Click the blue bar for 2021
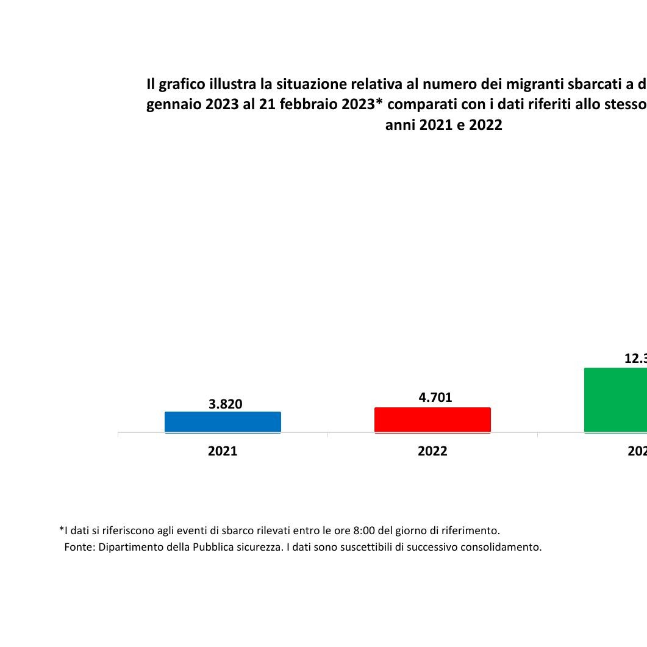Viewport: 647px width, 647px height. point(223,422)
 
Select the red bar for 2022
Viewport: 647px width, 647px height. point(432,420)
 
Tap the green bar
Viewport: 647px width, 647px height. point(616,400)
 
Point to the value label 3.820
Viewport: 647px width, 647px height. point(225,404)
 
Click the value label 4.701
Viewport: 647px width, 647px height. point(435,398)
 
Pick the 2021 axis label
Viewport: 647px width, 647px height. point(223,451)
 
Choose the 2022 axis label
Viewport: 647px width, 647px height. point(432,451)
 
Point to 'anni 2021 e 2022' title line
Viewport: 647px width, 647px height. point(443,125)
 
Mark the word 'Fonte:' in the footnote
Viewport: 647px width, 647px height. point(80,547)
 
